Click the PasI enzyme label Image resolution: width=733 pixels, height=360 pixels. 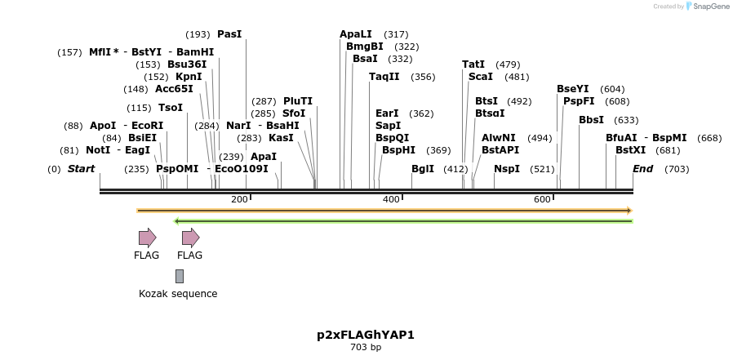coord(229,34)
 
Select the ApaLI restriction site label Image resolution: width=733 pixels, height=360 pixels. coord(356,34)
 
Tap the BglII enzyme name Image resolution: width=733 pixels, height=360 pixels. coord(423,169)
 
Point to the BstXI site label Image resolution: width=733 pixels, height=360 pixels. coord(630,150)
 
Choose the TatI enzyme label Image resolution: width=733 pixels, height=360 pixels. coord(473,64)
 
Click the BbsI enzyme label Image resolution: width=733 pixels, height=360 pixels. coord(591,120)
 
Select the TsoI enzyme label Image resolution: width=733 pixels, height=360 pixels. coord(171,108)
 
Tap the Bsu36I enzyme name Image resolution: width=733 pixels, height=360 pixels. coord(187,64)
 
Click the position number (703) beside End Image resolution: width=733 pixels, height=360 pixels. coord(677,169)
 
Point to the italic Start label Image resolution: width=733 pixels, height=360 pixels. coord(81,169)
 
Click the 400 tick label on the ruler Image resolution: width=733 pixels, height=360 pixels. coord(391,200)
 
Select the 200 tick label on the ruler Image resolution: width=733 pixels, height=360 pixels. coord(239,200)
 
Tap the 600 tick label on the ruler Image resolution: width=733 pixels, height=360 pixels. coord(542,200)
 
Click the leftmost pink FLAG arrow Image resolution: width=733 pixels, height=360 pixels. coord(147,238)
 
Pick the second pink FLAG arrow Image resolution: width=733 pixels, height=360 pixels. coord(190,238)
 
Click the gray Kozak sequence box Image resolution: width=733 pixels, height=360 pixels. coord(179,276)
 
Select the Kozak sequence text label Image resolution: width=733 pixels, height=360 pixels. coord(178,294)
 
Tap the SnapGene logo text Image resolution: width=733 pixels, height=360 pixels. coord(711,7)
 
